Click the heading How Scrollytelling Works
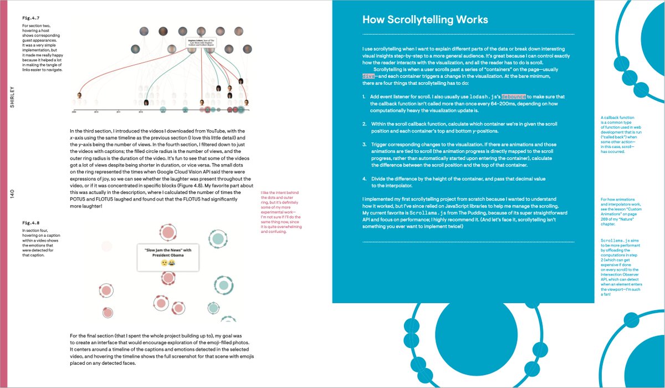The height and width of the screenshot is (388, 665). point(425,20)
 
